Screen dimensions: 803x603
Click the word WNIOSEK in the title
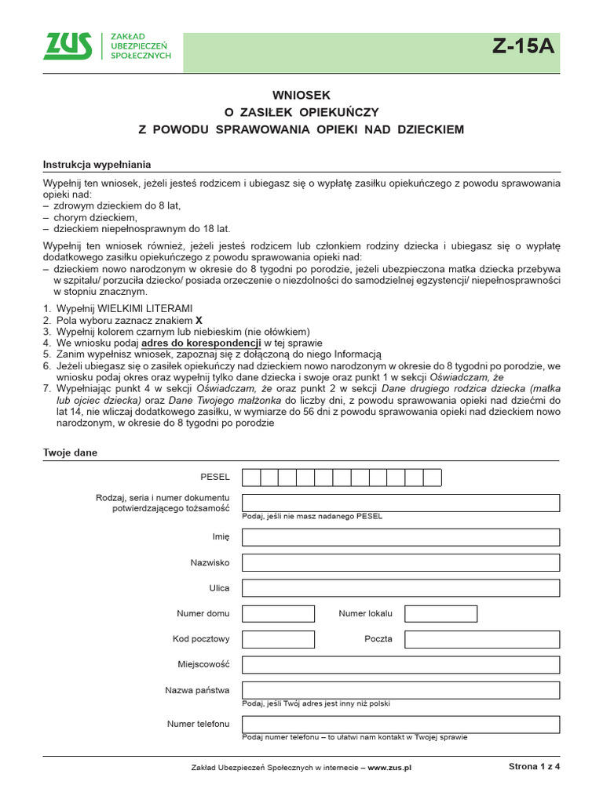click(x=301, y=94)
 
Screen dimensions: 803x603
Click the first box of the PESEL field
click(x=251, y=478)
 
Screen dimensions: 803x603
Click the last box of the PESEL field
click(x=433, y=478)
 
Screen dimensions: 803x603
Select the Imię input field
click(x=400, y=537)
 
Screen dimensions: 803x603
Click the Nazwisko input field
click(x=400, y=563)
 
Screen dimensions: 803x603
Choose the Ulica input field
click(x=400, y=588)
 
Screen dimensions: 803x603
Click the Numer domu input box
click(x=278, y=613)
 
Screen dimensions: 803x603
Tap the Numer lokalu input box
click(x=440, y=613)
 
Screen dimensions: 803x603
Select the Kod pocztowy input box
click(x=278, y=639)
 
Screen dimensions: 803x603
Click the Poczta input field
click(x=481, y=639)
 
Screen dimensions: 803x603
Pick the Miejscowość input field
click(x=400, y=665)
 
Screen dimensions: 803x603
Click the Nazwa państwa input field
click(x=400, y=690)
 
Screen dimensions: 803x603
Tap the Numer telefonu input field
click(x=400, y=724)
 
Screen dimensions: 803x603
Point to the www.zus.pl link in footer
click(x=389, y=768)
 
